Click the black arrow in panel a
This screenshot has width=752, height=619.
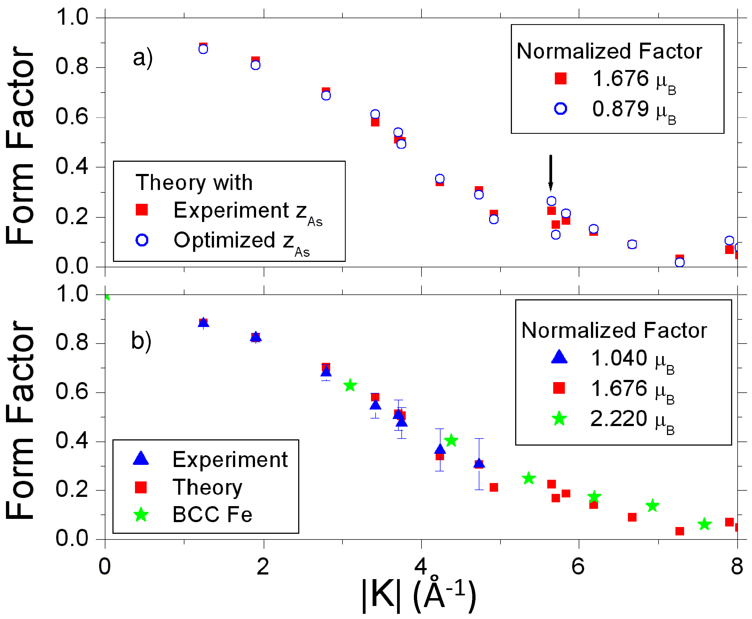pos(550,173)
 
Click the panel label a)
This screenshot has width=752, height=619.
pos(143,58)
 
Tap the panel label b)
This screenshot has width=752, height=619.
pos(141,341)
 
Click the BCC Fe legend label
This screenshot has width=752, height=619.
pos(212,515)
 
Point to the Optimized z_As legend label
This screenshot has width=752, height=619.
pos(241,242)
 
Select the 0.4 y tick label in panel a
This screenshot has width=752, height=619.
pos(72,167)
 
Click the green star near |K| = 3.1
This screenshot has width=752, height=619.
pos(350,385)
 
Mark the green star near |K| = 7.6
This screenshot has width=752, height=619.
pos(704,524)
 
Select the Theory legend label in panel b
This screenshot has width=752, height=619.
pos(207,487)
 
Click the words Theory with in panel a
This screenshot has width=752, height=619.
pos(194,183)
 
